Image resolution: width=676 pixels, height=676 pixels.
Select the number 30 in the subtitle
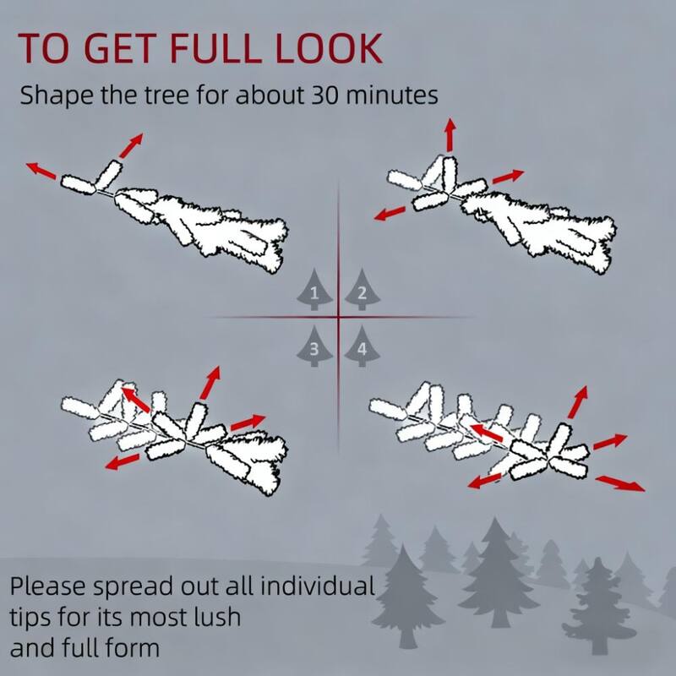(x=325, y=95)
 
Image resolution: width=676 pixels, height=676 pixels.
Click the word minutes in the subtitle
(x=391, y=95)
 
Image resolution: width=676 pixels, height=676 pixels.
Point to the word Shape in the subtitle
(x=56, y=95)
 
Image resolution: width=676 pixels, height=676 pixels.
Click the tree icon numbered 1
(x=314, y=289)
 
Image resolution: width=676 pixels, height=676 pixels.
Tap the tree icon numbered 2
(x=363, y=289)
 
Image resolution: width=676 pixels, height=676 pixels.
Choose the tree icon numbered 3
(x=314, y=346)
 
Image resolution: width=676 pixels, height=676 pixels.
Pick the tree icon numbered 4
(x=363, y=346)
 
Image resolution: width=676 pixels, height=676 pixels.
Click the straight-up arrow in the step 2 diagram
(x=450, y=134)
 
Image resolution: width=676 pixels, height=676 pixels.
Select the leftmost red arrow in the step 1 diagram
(x=41, y=171)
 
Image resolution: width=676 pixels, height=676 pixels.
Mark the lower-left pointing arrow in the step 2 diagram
(x=390, y=213)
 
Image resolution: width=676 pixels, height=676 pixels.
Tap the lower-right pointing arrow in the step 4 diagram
(x=620, y=482)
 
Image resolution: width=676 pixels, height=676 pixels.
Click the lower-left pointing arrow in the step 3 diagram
(x=123, y=461)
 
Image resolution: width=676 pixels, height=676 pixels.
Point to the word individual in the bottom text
(x=318, y=586)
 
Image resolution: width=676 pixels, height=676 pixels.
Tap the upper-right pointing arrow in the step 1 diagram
(x=131, y=145)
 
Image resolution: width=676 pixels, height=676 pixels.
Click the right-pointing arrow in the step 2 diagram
(x=508, y=177)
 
